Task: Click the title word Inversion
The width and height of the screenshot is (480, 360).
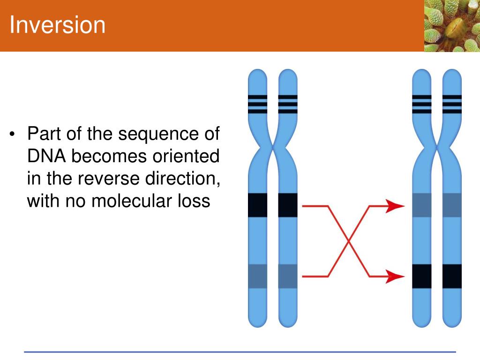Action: point(58,25)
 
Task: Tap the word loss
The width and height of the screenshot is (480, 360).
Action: point(193,201)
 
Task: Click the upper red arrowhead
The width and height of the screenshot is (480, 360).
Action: point(395,205)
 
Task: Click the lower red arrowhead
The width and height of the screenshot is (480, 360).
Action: point(395,276)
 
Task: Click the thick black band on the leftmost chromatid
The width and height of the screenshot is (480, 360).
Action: point(257,205)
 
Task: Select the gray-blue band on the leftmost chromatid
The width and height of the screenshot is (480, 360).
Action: point(257,276)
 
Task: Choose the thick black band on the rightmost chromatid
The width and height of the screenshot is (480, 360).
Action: point(452,276)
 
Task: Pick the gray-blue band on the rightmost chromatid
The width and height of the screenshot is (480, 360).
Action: point(452,205)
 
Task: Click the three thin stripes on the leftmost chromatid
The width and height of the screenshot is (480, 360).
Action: point(257,104)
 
